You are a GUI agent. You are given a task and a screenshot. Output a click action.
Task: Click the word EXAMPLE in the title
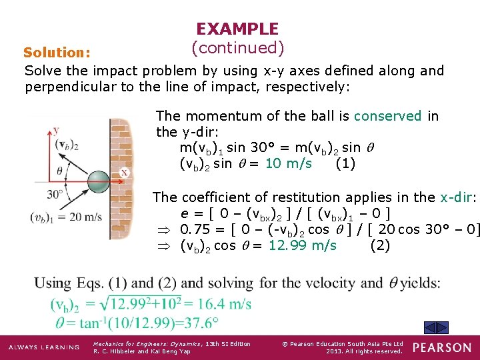(x=237, y=29)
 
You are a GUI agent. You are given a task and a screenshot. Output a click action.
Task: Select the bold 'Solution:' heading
(x=57, y=52)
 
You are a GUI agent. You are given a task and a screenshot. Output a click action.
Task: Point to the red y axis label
(x=57, y=131)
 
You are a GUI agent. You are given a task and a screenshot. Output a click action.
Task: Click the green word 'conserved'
(x=387, y=116)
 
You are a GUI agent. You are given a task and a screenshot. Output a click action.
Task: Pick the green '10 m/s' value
(x=288, y=164)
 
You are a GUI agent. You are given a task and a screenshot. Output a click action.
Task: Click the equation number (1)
(x=345, y=164)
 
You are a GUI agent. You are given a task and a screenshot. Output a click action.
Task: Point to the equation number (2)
(x=379, y=245)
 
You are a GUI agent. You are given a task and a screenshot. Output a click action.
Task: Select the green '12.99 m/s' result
(x=303, y=245)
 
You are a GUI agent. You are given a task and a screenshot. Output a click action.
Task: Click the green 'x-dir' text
(x=455, y=197)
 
